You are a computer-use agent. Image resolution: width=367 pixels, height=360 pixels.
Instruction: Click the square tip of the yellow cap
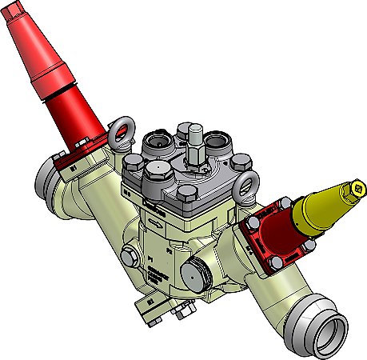[x=359, y=190]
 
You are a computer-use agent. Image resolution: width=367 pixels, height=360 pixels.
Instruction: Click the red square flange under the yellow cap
[x=268, y=237]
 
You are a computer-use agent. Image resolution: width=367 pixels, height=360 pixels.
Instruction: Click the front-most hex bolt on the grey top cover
[x=186, y=194]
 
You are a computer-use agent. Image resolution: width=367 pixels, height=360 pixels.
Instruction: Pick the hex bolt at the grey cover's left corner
[x=133, y=166]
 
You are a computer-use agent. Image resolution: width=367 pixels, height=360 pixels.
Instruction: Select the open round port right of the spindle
[x=217, y=144]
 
